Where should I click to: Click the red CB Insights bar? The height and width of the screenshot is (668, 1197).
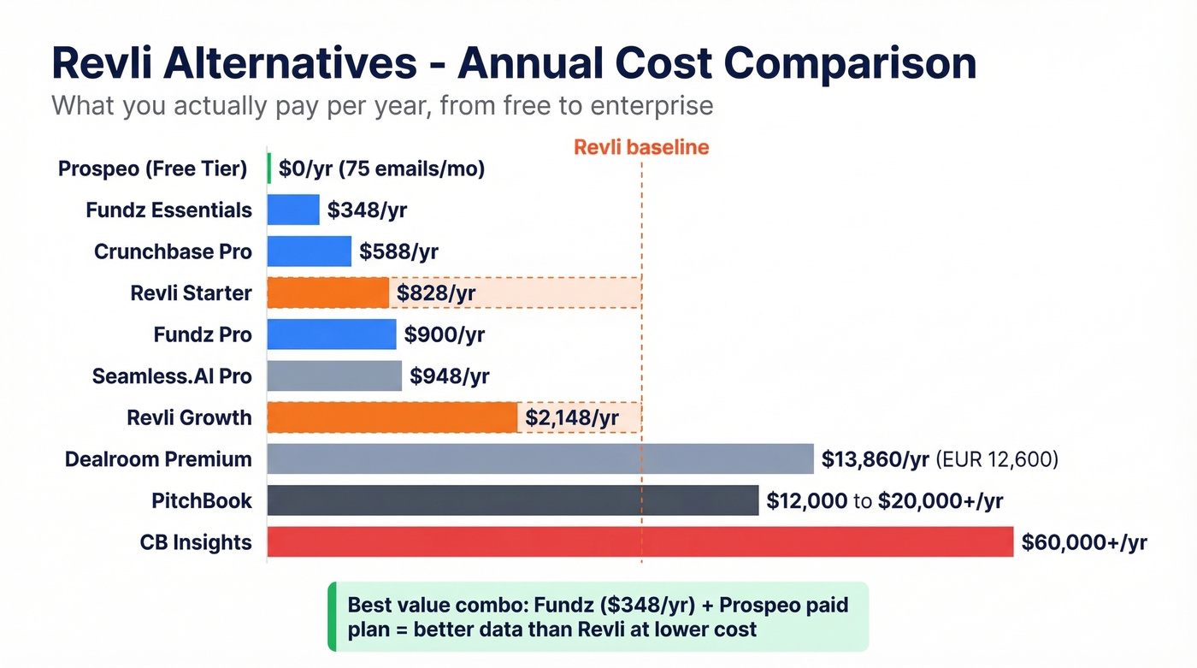(x=640, y=542)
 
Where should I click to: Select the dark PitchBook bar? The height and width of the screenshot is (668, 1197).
(x=512, y=500)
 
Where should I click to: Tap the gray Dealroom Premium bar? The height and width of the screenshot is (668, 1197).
(x=540, y=459)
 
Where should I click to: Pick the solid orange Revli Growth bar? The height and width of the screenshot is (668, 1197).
(x=392, y=417)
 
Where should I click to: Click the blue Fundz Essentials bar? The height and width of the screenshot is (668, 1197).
(x=293, y=210)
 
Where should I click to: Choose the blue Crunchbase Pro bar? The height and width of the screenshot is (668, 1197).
(x=309, y=251)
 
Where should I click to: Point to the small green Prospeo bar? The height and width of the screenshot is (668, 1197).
(x=269, y=168)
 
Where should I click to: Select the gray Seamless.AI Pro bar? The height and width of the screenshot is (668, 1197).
(x=334, y=375)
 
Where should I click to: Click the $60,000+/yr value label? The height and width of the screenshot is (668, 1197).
(x=1083, y=542)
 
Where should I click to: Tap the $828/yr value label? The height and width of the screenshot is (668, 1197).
(x=436, y=293)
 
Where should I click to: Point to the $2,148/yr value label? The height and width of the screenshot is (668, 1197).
(x=571, y=418)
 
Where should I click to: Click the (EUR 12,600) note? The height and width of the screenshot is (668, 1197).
(x=997, y=460)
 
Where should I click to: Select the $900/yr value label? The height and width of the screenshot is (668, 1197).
(x=444, y=334)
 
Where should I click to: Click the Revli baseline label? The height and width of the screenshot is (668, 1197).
(x=640, y=147)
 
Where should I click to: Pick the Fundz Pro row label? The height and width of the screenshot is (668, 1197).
(x=203, y=334)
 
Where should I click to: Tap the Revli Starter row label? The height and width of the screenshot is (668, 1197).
(x=191, y=293)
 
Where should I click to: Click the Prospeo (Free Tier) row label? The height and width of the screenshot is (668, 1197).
(x=152, y=168)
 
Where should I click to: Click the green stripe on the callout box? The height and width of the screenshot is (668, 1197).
(x=332, y=617)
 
